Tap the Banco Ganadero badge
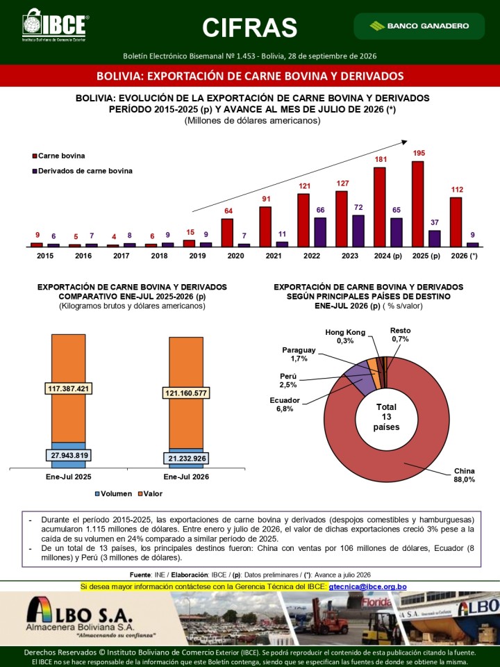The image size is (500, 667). [419, 26]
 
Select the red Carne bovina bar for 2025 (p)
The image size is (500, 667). [417, 204]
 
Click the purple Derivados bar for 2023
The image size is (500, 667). [358, 231]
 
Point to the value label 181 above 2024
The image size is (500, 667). [381, 160]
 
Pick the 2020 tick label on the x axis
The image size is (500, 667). [235, 256]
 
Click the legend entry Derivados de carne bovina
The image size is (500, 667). [83, 171]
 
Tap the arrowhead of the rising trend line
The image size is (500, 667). [405, 142]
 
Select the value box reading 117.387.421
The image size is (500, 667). [69, 389]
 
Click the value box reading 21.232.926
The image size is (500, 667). [186, 459]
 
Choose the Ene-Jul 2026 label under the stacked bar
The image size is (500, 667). [186, 477]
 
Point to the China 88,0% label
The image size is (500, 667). [465, 475]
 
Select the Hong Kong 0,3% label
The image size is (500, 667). [345, 336]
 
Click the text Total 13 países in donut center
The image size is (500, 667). [387, 417]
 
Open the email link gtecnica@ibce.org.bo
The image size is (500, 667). [368, 586]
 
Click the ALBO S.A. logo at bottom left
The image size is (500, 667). [79, 617]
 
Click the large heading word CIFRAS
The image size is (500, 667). [249, 28]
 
